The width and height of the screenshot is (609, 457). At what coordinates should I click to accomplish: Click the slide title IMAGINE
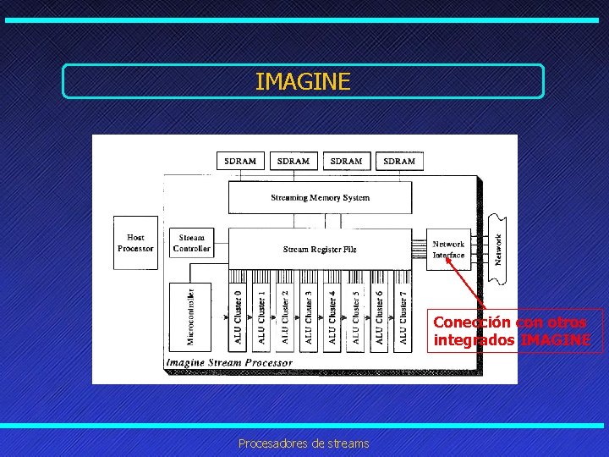coord(302,81)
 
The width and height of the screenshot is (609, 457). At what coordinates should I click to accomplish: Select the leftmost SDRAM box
coord(240,161)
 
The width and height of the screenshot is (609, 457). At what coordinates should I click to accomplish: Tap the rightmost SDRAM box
coord(399,161)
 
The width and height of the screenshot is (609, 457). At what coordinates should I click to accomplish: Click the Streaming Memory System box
coord(320,198)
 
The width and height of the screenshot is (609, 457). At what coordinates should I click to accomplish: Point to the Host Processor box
coord(135,243)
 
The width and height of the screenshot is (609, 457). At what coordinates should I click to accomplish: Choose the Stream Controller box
coord(191,243)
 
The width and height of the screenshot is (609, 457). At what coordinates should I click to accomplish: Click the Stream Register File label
coord(320,250)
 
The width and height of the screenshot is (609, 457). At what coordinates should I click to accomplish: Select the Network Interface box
coord(448,250)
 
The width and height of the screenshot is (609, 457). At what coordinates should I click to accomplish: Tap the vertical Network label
coord(499,249)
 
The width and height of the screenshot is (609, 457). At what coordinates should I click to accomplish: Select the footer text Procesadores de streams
coord(304,443)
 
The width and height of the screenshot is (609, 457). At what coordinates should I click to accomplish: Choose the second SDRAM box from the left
coord(294,161)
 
